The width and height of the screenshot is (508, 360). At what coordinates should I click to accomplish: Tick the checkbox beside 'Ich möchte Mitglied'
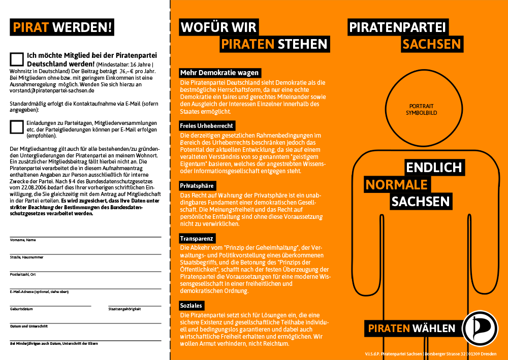click(17, 59)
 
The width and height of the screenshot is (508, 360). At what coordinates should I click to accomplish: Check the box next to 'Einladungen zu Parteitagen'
click(17, 127)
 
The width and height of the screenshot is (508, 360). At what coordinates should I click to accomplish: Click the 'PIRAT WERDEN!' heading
click(61, 26)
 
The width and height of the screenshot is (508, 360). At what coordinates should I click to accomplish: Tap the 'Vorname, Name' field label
click(23, 240)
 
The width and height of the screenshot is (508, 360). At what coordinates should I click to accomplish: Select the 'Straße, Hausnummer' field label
click(26, 257)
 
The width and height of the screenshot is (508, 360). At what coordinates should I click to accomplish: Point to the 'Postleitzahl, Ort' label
click(23, 274)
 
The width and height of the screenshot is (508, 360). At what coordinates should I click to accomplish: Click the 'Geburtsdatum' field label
click(21, 309)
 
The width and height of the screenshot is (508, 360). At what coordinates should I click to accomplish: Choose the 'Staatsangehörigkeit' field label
click(124, 309)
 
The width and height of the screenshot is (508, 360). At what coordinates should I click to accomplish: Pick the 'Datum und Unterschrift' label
click(29, 326)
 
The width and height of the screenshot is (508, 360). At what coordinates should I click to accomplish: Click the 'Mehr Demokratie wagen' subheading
click(220, 73)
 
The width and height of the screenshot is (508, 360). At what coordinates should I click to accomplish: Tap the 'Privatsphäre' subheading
click(198, 186)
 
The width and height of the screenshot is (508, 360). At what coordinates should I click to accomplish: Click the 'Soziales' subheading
click(192, 306)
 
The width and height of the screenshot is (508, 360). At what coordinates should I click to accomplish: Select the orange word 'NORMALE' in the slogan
click(396, 184)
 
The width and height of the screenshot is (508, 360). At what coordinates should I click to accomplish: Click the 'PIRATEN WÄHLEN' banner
click(411, 328)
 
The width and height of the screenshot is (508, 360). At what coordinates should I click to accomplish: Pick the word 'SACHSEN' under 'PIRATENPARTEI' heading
click(431, 44)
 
